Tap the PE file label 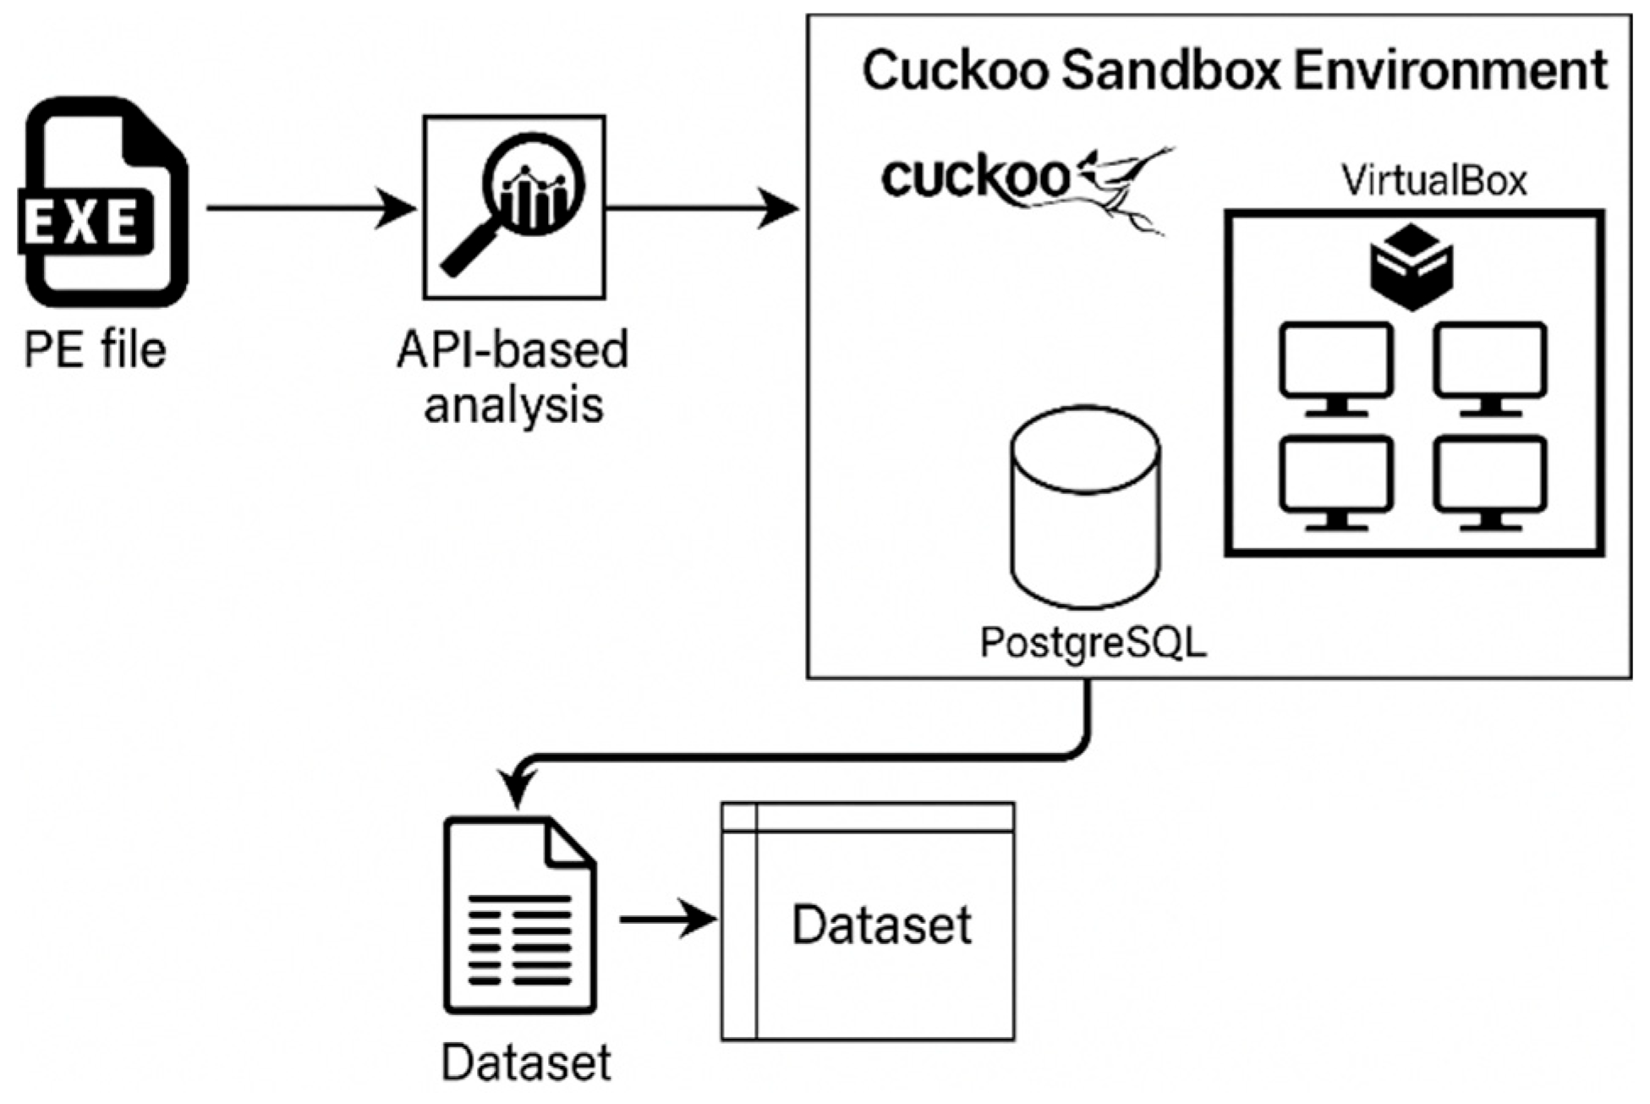click(95, 349)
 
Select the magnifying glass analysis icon click(514, 207)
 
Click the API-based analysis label click(513, 377)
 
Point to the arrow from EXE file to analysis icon click(311, 208)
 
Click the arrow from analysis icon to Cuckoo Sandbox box click(703, 208)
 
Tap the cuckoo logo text click(975, 179)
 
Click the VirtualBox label click(1434, 180)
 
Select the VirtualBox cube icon click(1412, 266)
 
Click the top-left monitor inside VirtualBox click(1336, 369)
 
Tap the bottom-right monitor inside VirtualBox click(1490, 482)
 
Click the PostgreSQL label click(1094, 644)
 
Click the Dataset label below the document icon click(526, 1063)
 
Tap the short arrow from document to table click(669, 919)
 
